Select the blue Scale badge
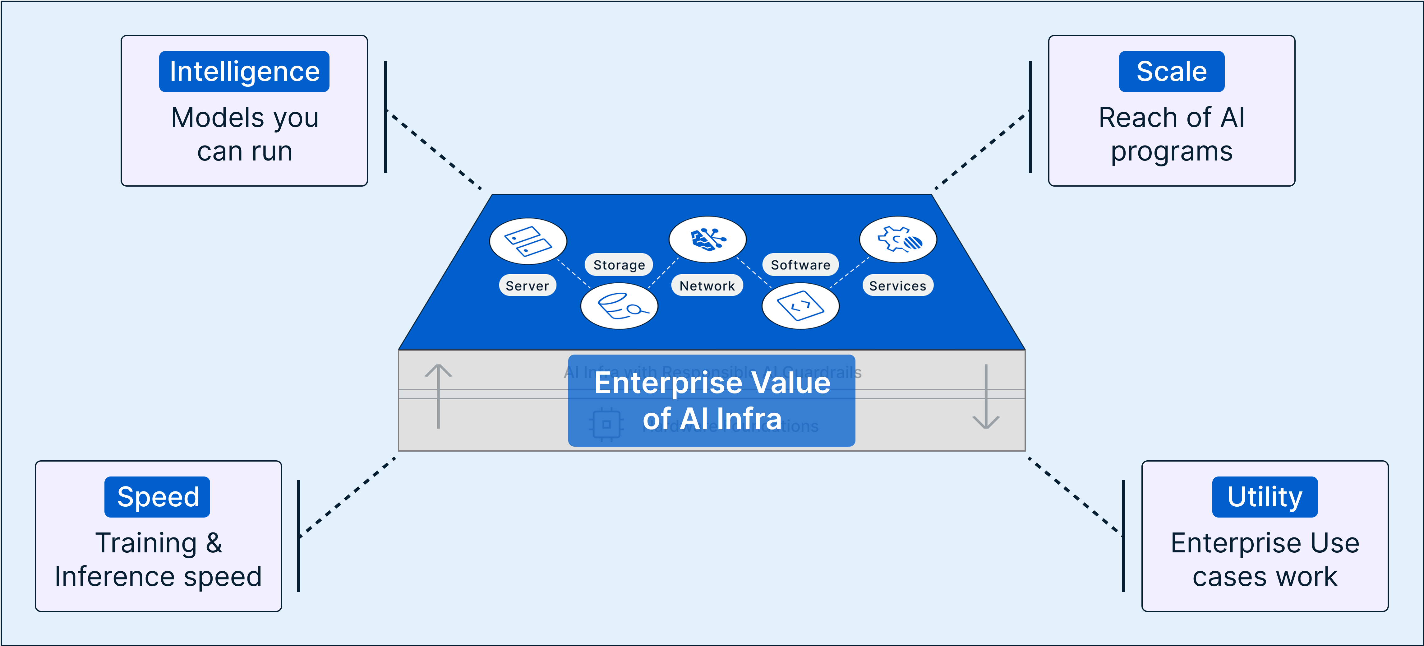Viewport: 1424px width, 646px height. [x=1171, y=71]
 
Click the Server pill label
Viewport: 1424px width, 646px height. [x=528, y=286]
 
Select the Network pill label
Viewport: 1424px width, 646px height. [x=707, y=286]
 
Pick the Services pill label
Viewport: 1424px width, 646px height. [x=897, y=286]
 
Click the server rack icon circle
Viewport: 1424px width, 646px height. [x=528, y=241]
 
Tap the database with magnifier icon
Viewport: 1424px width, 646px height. [x=619, y=306]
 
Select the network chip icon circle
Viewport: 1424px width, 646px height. [x=707, y=239]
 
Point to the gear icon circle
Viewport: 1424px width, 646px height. [x=898, y=239]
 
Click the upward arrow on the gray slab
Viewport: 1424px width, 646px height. [x=438, y=395]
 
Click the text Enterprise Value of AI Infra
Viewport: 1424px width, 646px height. [x=712, y=400]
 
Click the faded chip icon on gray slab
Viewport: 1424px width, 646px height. [x=606, y=424]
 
